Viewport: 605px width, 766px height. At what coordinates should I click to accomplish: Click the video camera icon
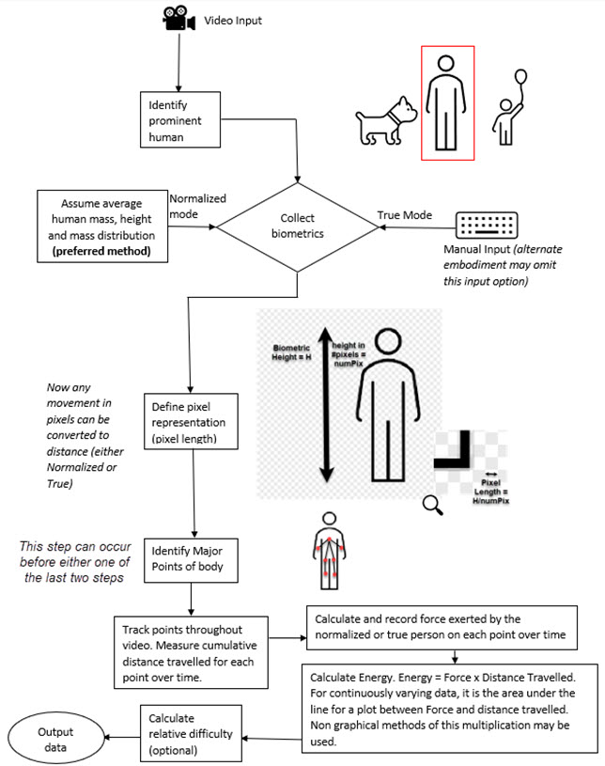click(x=178, y=19)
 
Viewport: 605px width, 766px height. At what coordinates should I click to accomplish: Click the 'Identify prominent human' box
click(x=180, y=119)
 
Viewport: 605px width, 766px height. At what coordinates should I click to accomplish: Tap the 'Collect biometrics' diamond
click(x=298, y=227)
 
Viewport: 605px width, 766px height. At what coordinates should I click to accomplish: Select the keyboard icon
click(x=487, y=226)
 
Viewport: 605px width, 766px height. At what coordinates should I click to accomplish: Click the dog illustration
click(x=386, y=121)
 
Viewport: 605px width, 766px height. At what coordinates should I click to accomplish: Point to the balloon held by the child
click(x=520, y=77)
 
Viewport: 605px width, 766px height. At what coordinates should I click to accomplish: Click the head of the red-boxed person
click(x=446, y=64)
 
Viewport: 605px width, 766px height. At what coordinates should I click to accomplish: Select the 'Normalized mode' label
click(x=197, y=206)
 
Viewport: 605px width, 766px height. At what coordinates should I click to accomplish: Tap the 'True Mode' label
click(x=404, y=215)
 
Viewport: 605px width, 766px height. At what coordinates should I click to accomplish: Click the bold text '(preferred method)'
click(x=101, y=251)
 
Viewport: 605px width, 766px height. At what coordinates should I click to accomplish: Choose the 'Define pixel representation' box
click(x=191, y=422)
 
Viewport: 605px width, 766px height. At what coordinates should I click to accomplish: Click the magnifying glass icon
click(x=433, y=505)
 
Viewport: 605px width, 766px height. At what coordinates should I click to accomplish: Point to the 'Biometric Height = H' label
click(x=291, y=352)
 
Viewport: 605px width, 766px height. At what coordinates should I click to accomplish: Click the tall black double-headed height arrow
click(x=326, y=405)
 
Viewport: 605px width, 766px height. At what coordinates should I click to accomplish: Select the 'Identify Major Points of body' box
click(x=191, y=560)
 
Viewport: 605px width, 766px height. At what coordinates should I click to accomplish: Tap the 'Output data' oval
click(x=55, y=739)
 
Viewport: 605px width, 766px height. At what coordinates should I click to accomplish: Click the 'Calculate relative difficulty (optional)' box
click(x=191, y=733)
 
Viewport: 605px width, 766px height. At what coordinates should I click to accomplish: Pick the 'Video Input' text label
click(x=233, y=21)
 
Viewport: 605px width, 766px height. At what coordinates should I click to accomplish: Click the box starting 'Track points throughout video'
click(x=191, y=652)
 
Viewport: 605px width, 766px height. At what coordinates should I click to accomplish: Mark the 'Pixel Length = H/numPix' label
click(x=490, y=492)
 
